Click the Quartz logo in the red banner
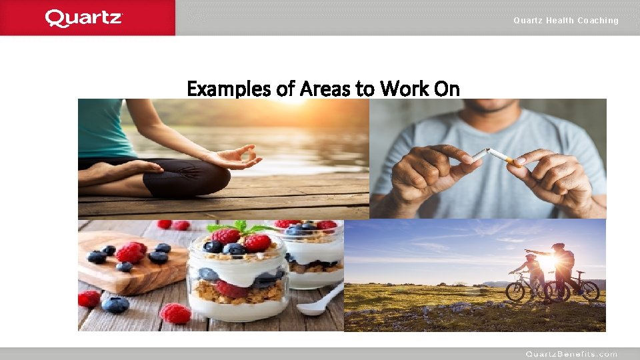[x=84, y=18]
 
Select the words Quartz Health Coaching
[x=565, y=21]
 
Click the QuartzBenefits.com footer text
[x=571, y=354]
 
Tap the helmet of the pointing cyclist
[x=558, y=247]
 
